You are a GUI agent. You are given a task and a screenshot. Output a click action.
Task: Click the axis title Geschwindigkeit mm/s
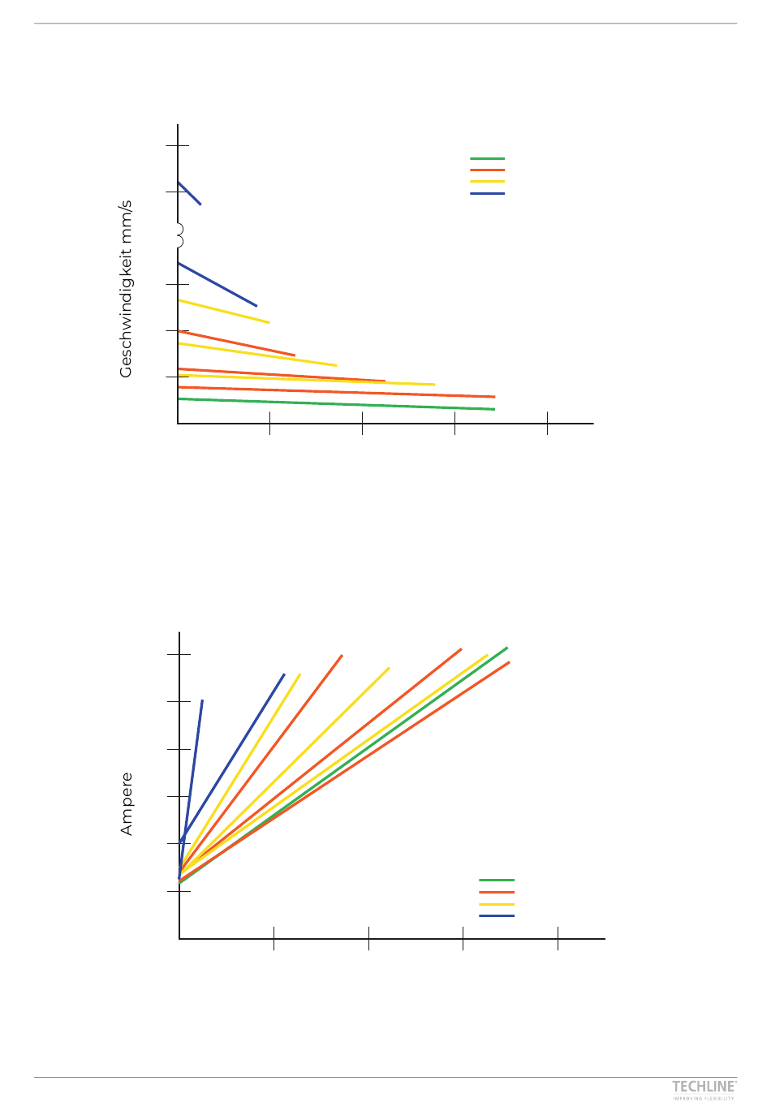point(126,290)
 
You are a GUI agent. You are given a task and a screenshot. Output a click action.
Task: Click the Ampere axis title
point(126,804)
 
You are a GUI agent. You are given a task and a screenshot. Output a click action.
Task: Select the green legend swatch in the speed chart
point(487,159)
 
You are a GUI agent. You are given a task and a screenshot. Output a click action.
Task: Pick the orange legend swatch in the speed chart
point(487,170)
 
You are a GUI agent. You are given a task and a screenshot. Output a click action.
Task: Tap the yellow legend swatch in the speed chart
point(487,182)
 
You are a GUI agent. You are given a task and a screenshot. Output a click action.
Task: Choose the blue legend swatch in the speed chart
point(487,194)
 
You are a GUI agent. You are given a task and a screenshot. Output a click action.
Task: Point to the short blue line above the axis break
point(189,193)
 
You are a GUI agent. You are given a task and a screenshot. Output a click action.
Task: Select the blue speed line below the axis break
point(218,285)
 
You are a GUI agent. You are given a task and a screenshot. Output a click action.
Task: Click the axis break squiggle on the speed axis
point(179,235)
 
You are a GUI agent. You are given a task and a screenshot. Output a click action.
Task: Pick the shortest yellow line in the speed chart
point(224,312)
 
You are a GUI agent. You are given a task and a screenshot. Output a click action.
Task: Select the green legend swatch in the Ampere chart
point(497,880)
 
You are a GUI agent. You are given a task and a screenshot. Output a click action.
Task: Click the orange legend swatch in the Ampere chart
point(497,892)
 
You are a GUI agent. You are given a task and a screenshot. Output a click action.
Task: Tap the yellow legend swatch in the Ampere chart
point(497,904)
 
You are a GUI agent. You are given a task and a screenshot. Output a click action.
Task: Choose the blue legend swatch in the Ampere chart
point(497,916)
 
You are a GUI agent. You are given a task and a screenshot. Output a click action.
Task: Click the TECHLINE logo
point(704,1087)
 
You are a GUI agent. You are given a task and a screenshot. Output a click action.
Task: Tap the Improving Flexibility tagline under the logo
point(704,1099)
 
